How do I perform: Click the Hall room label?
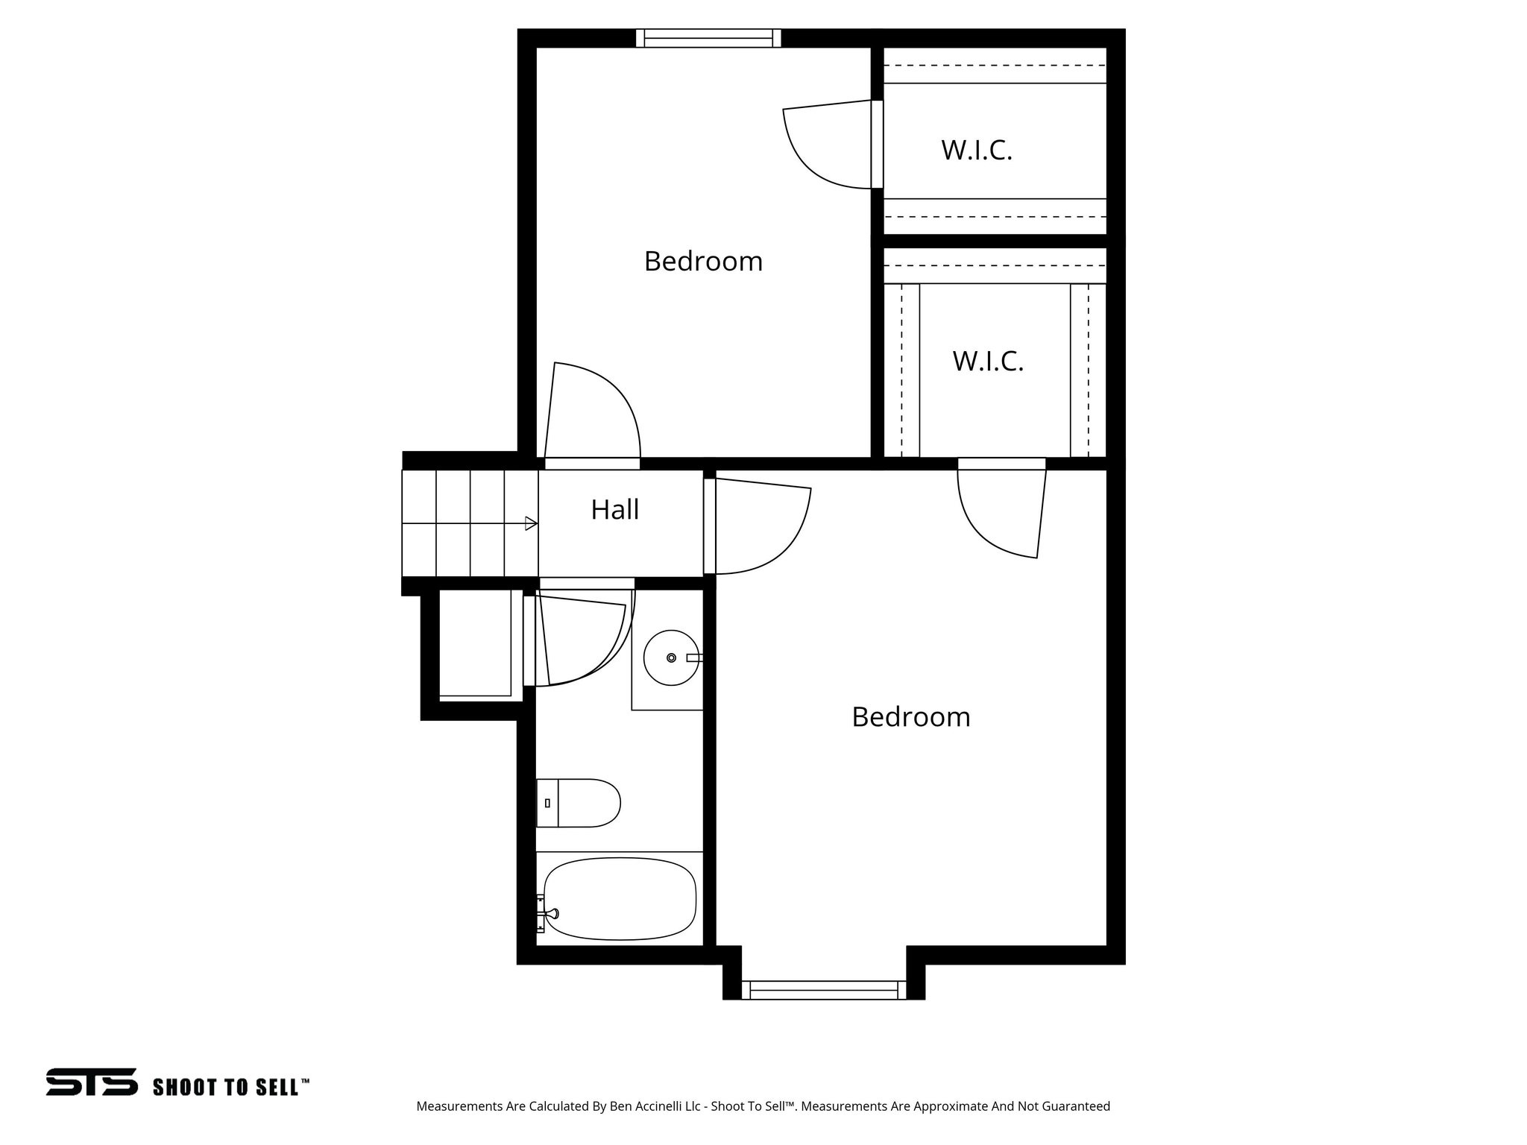pos(615,510)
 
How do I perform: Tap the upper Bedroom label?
pos(703,262)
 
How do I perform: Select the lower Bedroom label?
pos(910,717)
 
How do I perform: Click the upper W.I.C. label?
pos(977,151)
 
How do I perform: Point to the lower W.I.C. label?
pos(988,362)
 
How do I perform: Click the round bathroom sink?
pos(671,657)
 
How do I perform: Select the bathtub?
pos(620,898)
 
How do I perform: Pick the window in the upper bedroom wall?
pos(708,37)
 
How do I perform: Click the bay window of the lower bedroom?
pos(824,990)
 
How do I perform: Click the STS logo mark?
pos(92,1082)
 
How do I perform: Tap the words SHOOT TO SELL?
pos(230,1087)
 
